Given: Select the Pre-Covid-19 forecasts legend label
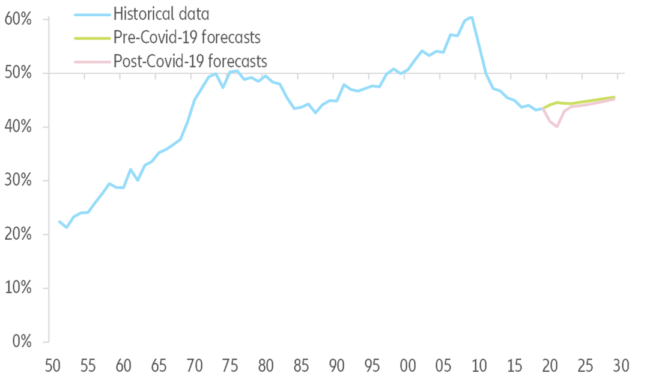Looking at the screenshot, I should [187, 37].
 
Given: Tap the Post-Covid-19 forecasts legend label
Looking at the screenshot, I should [190, 61].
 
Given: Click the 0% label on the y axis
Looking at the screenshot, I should [22, 342].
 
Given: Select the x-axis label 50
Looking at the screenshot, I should [53, 366].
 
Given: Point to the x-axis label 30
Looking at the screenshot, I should [621, 366].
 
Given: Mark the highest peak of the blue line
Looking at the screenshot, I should [472, 17].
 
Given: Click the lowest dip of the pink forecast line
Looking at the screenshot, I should [557, 127].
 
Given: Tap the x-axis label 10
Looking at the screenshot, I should [479, 366].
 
